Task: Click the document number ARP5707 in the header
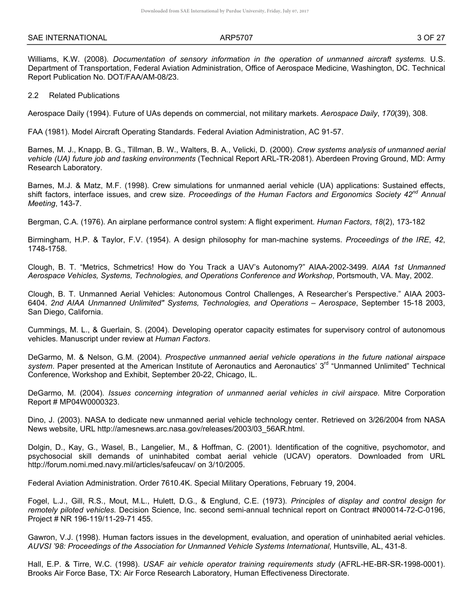point(236,38)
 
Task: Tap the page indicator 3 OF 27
point(431,38)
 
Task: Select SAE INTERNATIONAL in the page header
point(67,38)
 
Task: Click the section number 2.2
point(33,96)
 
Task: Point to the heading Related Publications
point(84,96)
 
